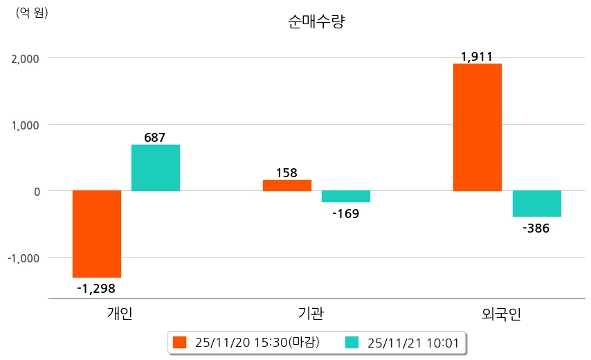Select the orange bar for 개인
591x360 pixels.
(97, 233)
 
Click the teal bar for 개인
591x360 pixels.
(156, 168)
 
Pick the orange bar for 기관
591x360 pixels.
(287, 186)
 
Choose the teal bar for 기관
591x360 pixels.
(346, 196)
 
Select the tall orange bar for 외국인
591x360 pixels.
(478, 127)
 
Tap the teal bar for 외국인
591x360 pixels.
(536, 204)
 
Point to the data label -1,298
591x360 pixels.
(96, 288)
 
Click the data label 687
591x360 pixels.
(155, 137)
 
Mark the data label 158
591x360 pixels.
(287, 172)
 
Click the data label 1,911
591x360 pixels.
(477, 57)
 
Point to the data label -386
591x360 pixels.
(536, 228)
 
